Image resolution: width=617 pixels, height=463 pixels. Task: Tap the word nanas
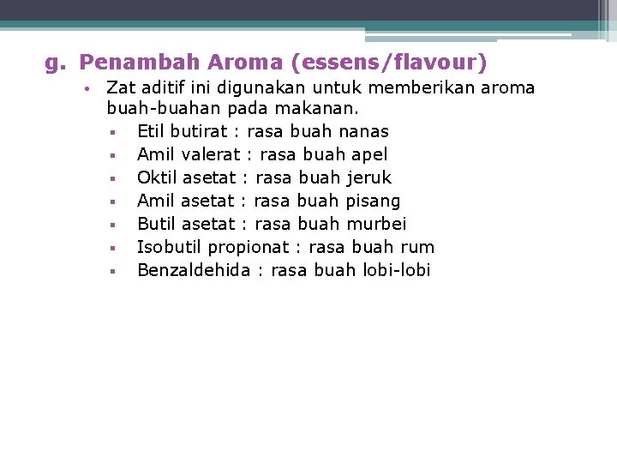pos(363,132)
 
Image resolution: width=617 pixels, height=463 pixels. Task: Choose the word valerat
pos(210,155)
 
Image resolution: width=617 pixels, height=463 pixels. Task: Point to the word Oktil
pos(156,178)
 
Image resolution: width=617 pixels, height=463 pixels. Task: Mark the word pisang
pos(373,201)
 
